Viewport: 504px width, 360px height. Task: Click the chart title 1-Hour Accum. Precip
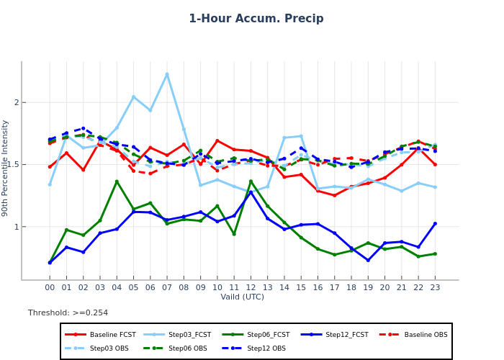pos(256,19)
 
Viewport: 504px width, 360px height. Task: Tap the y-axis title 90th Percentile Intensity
pos(6,168)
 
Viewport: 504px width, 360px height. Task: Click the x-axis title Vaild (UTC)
pos(242,297)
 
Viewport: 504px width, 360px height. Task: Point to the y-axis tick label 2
pos(15,103)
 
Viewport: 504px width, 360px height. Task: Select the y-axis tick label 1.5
pos(12,165)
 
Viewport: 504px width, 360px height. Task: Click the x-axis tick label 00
pos(50,287)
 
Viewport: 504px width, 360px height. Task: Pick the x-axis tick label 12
pos(251,287)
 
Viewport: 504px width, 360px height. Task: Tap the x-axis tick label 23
pos(435,287)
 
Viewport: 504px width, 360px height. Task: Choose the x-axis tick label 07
pos(167,287)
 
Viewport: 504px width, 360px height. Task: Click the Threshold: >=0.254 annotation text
pos(68,313)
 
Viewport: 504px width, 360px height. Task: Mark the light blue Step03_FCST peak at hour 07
pos(167,74)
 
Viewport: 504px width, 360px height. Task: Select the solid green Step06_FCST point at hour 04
pos(117,181)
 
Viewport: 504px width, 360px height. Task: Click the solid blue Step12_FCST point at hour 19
pos(368,260)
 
